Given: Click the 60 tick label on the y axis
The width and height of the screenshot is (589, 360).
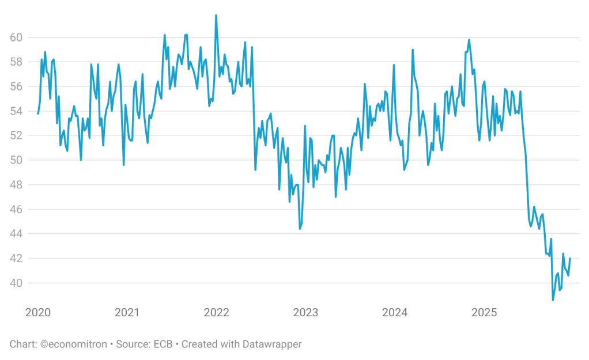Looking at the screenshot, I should tap(16, 37).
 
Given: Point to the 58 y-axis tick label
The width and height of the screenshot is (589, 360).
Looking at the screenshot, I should tap(16, 62).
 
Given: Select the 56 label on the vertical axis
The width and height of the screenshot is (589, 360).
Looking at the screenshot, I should tap(16, 86).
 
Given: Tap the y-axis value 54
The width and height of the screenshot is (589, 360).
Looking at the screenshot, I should tap(16, 111).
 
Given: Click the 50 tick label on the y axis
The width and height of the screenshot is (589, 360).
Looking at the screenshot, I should tap(16, 160).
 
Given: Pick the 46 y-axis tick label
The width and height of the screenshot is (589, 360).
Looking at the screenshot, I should tap(16, 210).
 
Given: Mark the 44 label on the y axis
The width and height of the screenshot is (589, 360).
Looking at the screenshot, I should tap(16, 234).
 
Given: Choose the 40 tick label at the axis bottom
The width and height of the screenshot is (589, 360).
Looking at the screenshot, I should tap(16, 283).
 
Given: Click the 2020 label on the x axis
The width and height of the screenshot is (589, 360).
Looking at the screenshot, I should tap(38, 313).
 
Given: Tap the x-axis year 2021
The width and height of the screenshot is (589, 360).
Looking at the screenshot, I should tap(127, 313).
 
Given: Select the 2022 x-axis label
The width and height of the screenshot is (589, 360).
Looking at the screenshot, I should tap(216, 313).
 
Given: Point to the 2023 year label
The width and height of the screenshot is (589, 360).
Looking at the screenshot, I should tap(305, 313).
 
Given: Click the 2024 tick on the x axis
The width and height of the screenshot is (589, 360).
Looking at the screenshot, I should tap(395, 313).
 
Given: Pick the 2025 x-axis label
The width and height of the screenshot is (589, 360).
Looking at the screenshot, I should tap(484, 313).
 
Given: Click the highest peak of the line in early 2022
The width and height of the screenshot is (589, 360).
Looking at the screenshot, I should tap(216, 15).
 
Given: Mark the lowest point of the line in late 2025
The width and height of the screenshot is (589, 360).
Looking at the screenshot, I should tap(553, 300).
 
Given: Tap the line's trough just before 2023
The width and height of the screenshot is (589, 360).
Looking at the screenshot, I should tap(300, 229).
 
